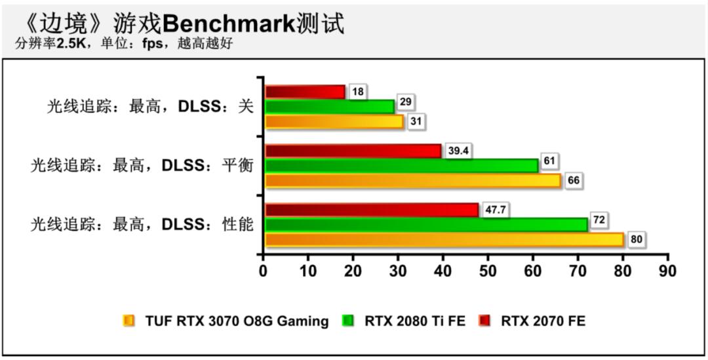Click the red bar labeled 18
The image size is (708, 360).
point(305,92)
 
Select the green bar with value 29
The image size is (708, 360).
point(330,106)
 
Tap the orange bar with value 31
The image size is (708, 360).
point(334,121)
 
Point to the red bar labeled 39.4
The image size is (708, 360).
point(353,151)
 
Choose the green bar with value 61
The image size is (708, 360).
point(401,165)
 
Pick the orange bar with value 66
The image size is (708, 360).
point(413,180)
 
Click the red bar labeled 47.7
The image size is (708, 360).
point(372,210)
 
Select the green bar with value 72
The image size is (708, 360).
point(426,224)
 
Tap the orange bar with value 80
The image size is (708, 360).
point(444,239)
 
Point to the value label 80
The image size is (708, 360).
point(636,239)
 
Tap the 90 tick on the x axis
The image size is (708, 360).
point(667,270)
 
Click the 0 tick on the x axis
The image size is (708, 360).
point(264,270)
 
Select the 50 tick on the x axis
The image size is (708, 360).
point(488,270)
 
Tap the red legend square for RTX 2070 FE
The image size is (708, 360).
point(484,321)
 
